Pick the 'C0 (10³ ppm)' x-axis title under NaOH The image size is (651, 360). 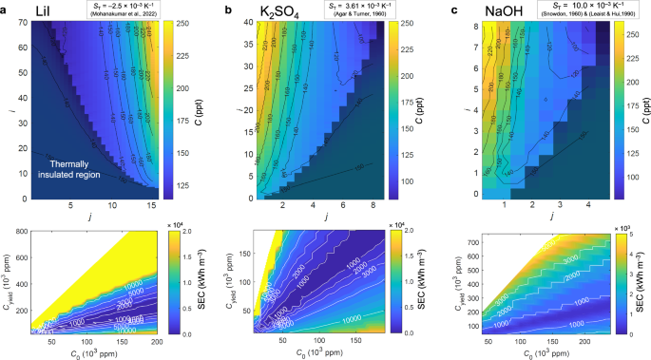point(531,352)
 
